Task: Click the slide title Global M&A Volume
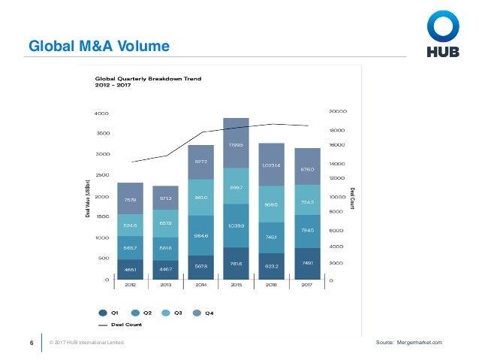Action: pyautogui.click(x=98, y=47)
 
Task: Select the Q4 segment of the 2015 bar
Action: pyautogui.click(x=236, y=143)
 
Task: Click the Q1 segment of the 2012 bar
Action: pyautogui.click(x=131, y=269)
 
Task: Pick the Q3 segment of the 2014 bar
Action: pyautogui.click(x=201, y=198)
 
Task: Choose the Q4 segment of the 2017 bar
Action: pyautogui.click(x=307, y=170)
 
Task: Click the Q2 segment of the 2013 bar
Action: pyautogui.click(x=166, y=247)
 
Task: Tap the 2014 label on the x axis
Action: pyautogui.click(x=201, y=286)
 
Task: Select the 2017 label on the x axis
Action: pyautogui.click(x=307, y=286)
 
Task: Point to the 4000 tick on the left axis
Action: pyautogui.click(x=101, y=113)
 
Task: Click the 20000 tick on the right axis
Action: pyautogui.click(x=337, y=112)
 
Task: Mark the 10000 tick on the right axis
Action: pyautogui.click(x=337, y=196)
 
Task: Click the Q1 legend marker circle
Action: pyautogui.click(x=103, y=312)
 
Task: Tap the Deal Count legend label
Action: pyautogui.click(x=127, y=325)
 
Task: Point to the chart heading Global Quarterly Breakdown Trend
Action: pyautogui.click(x=148, y=78)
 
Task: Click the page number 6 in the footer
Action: pyautogui.click(x=31, y=343)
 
